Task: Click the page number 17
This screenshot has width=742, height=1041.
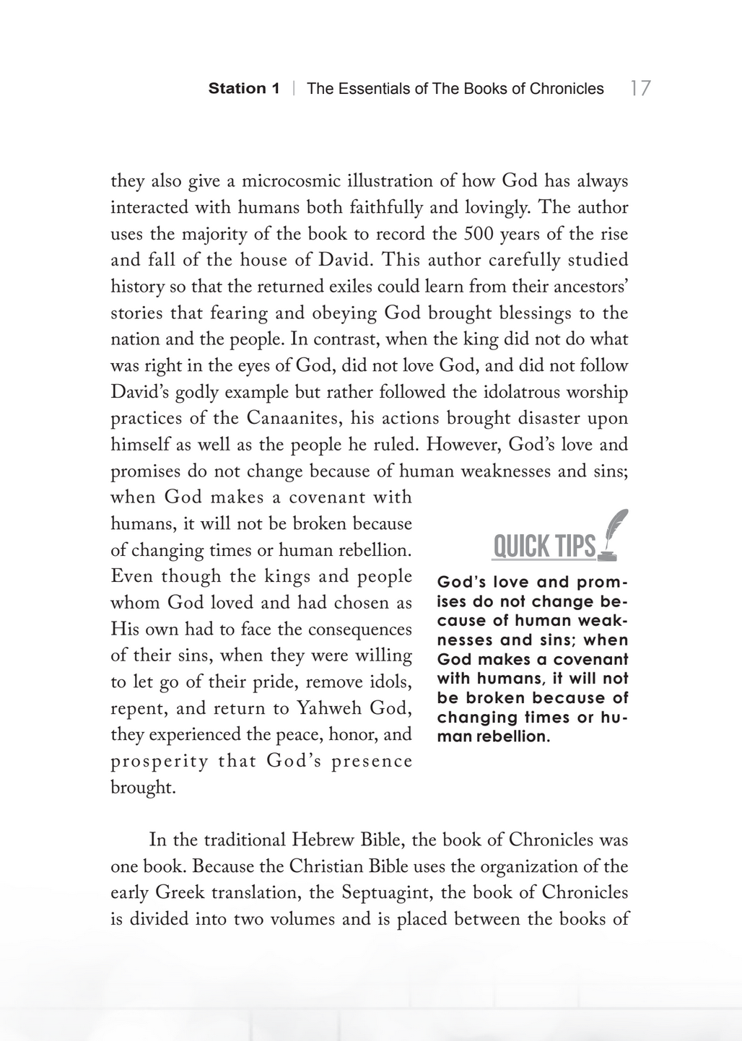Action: click(640, 88)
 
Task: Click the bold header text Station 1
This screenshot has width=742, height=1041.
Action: click(244, 89)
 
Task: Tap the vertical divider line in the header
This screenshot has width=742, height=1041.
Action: click(294, 89)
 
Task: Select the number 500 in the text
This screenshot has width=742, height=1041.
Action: click(479, 234)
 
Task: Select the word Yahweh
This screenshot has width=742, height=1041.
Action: click(331, 708)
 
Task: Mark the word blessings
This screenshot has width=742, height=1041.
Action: click(510, 313)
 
